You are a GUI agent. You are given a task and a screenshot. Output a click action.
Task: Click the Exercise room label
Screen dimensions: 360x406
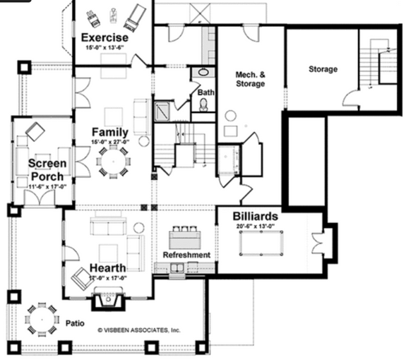pyautogui.click(x=104, y=37)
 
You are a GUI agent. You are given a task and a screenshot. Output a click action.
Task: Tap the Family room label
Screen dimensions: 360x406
pyautogui.click(x=109, y=132)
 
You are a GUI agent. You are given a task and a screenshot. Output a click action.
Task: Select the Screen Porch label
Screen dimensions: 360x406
pyautogui.click(x=47, y=169)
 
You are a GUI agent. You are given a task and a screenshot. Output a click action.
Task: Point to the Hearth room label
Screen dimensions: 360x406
pyautogui.click(x=107, y=268)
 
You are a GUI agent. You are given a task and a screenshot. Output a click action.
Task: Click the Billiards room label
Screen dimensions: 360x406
pyautogui.click(x=247, y=216)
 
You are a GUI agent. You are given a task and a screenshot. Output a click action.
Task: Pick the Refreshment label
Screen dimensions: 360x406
pyautogui.click(x=186, y=255)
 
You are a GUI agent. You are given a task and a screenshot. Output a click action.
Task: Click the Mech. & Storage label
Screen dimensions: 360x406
pyautogui.click(x=251, y=78)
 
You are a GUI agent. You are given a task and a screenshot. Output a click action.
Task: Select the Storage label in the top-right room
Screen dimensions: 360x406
pyautogui.click(x=323, y=69)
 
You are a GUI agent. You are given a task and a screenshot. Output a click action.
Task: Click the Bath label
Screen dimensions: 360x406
pyautogui.click(x=206, y=92)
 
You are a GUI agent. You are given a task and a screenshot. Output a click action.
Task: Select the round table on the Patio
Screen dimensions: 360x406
pyautogui.click(x=42, y=320)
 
